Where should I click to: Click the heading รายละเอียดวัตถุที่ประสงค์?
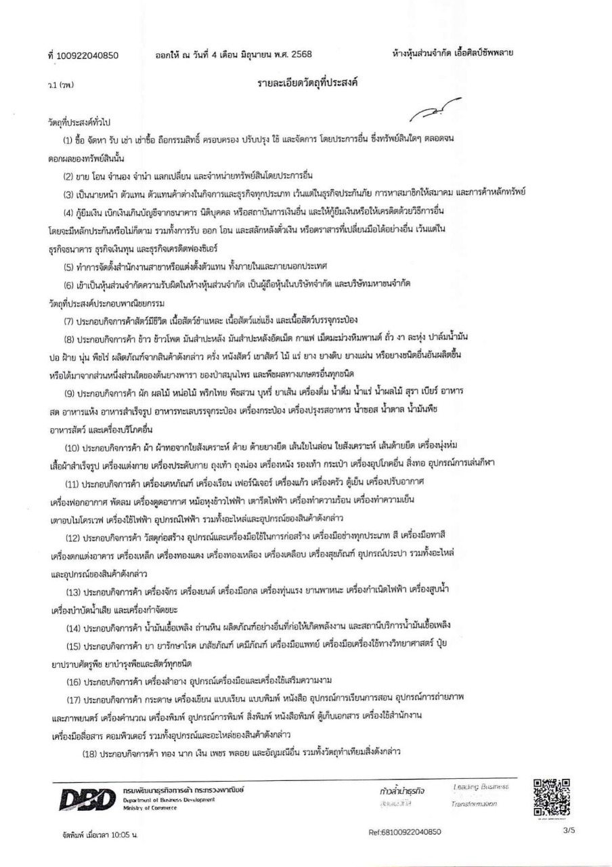[x=307, y=83]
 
